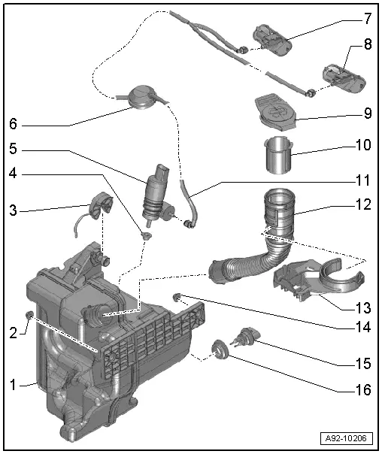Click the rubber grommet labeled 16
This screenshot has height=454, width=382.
220,349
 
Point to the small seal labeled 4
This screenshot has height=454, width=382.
146,237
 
